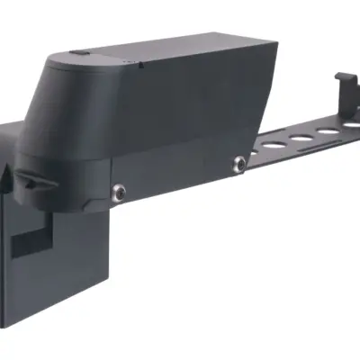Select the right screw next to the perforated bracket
pos(239,162)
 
